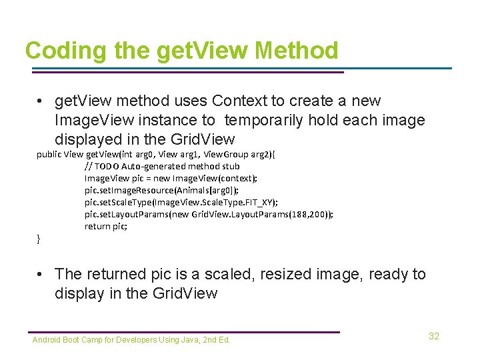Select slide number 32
click(434, 336)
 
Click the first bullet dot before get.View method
click(41, 101)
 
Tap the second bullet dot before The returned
click(41, 274)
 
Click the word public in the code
click(49, 154)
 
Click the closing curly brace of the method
click(38, 239)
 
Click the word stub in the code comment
click(231, 166)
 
